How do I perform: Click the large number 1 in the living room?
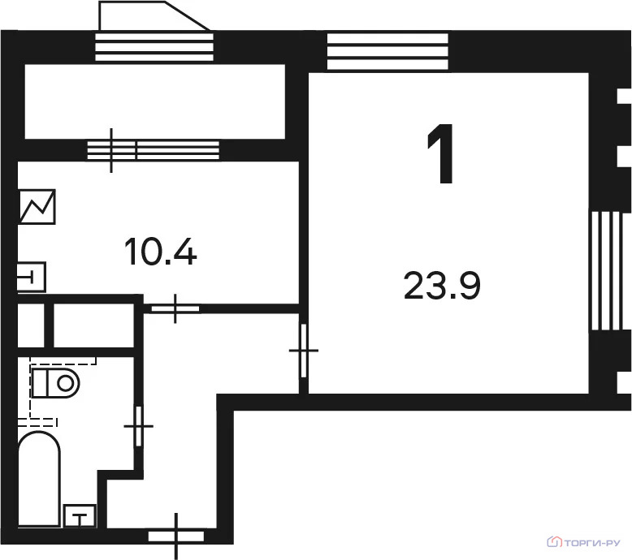440,156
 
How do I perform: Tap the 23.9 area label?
443,286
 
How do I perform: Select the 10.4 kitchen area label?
161,252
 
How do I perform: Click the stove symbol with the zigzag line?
37,207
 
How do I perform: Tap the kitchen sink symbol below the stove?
32,276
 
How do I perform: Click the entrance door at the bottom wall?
176,536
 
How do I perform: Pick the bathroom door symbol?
139,424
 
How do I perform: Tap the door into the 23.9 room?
304,350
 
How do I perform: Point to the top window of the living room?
387,51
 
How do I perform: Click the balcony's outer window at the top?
153,46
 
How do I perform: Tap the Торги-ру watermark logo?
585,541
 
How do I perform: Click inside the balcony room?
154,102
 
